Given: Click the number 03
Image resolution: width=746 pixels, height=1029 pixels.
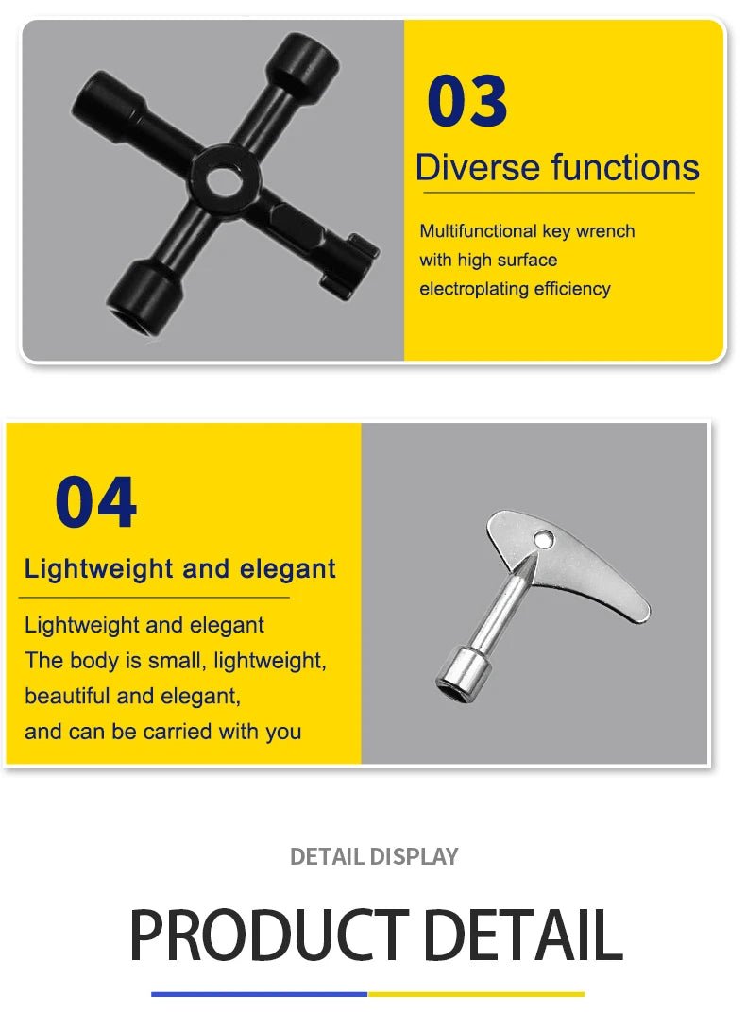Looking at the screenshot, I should point(467,102).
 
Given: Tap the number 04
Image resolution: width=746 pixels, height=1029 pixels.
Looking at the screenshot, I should point(95,503).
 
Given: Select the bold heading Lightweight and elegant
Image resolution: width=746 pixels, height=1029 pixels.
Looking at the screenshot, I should point(180,569).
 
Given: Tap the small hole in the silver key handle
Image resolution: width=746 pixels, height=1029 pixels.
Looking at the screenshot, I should point(543,539).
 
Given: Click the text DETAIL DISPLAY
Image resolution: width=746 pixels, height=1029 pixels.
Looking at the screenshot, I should point(374,856).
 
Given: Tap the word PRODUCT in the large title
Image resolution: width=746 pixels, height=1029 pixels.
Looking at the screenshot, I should point(268,935).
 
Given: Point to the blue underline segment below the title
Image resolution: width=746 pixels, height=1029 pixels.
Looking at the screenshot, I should point(259,993).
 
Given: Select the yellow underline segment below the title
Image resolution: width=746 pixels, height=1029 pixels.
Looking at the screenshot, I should point(476,993).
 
